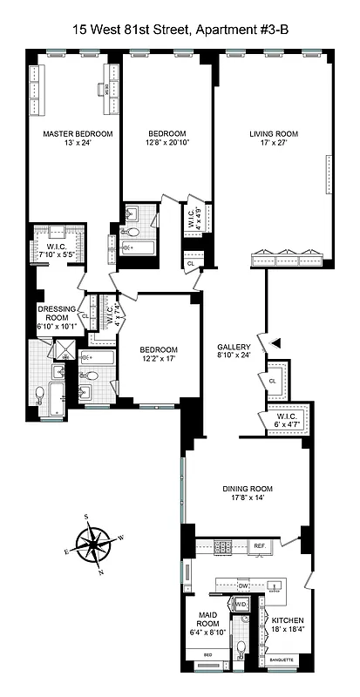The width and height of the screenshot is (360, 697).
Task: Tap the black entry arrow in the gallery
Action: click(275, 343)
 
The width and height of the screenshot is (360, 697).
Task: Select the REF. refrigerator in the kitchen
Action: click(259, 545)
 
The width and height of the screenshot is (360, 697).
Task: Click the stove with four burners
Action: click(223, 546)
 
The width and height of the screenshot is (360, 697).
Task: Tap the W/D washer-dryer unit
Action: click(242, 603)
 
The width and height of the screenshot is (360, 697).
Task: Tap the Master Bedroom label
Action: click(78, 134)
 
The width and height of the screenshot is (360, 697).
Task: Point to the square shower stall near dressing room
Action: click(65, 350)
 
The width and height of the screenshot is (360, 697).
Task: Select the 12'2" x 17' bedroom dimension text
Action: click(160, 356)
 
